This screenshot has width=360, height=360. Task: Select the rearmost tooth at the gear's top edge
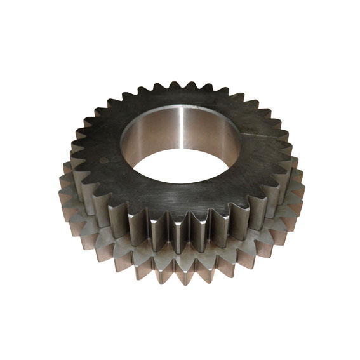(x=189, y=84)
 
